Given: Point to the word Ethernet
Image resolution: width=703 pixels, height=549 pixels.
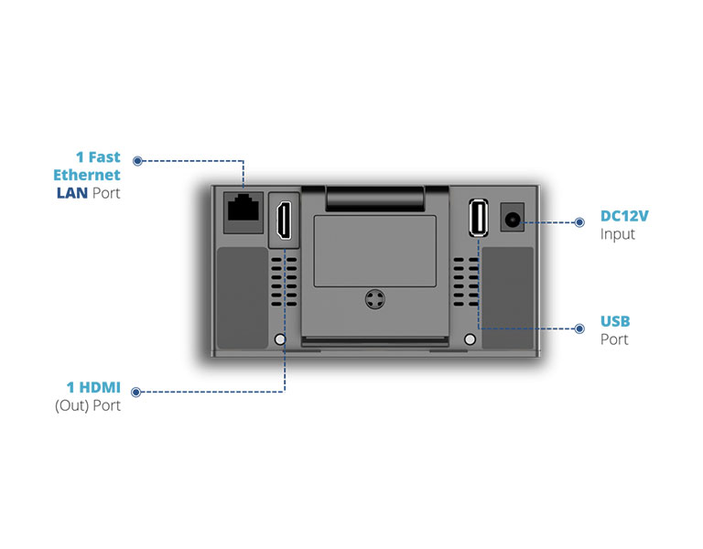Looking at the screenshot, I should click(86, 175).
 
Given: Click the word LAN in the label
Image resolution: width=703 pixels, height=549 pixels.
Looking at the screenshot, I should click(70, 193).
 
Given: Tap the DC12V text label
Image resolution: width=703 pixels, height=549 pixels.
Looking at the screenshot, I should click(624, 217).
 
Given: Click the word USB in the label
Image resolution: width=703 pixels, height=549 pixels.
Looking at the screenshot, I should click(615, 321).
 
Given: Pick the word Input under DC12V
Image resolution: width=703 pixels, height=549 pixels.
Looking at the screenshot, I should click(617, 234).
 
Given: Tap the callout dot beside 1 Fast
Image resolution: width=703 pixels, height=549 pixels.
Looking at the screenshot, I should click(137, 160).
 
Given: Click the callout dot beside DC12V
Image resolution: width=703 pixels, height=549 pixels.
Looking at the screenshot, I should click(579, 221).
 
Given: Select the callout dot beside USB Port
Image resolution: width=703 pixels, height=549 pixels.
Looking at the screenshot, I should click(579, 328).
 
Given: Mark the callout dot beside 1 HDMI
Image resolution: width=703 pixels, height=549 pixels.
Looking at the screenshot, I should click(137, 392).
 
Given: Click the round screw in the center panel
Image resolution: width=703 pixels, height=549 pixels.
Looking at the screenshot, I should click(373, 300).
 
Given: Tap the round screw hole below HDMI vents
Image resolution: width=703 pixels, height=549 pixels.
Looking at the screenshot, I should click(280, 339).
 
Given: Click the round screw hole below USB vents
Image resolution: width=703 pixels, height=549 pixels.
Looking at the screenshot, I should click(470, 339).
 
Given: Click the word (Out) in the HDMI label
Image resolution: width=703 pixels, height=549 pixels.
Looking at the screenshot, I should click(72, 405).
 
